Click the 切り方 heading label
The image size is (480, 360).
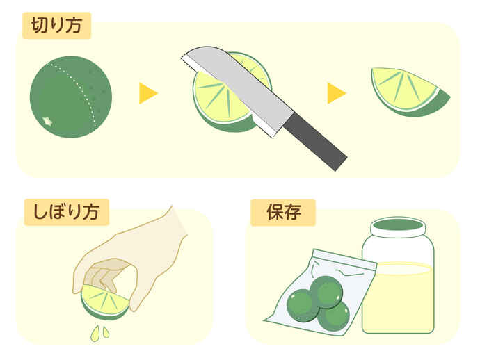point(57,26)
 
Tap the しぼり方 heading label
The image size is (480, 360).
point(66,212)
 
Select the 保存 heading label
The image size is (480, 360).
point(283,213)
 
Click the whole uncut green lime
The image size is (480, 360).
point(71,97)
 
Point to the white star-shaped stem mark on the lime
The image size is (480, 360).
point(47,121)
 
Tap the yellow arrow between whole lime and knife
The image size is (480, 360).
point(148,93)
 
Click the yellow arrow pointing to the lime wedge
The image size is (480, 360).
point(337,93)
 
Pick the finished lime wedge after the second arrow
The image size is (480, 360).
point(409,92)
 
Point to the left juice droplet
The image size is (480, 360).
point(95,334)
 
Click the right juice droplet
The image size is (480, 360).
point(106,332)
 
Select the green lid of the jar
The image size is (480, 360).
point(398,225)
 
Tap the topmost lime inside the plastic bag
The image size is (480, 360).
point(326,292)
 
